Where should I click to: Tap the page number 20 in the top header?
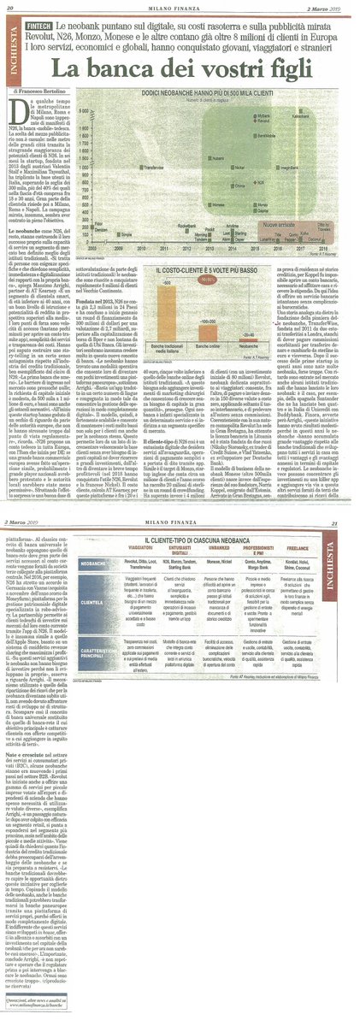pos(10,8)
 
